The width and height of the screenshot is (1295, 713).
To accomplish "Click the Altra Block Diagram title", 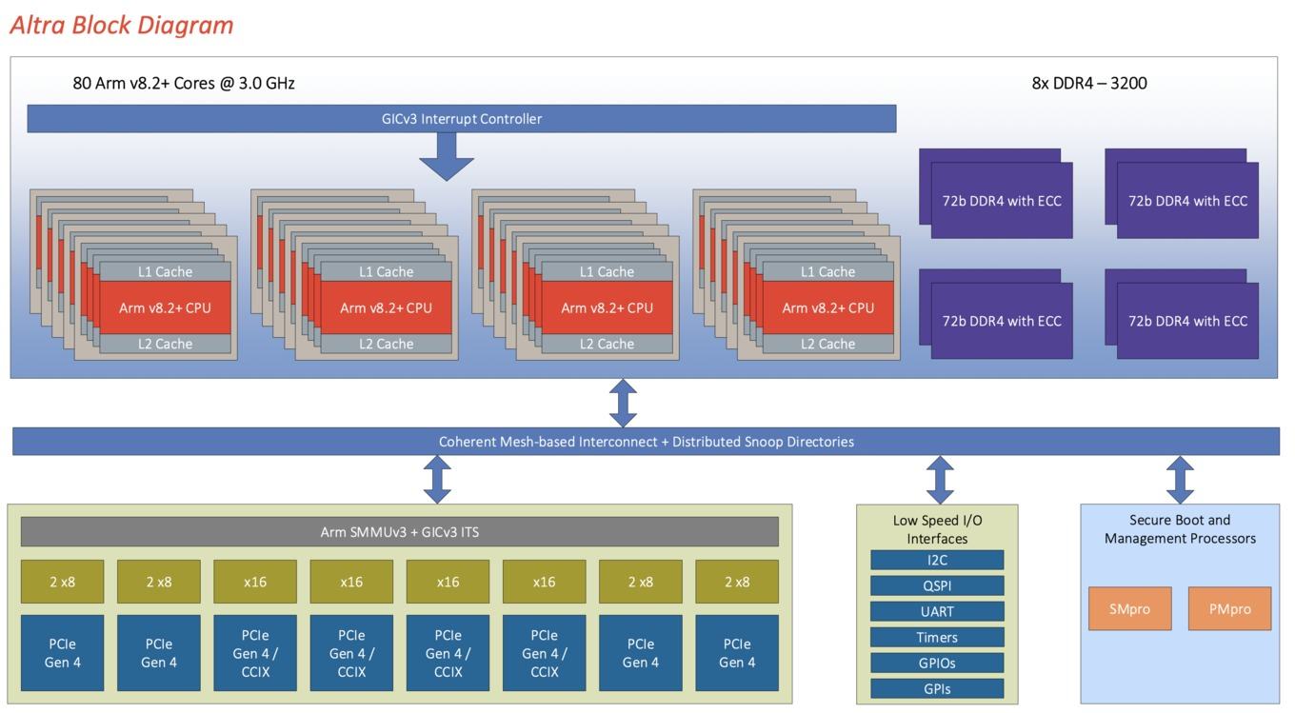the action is [122, 26].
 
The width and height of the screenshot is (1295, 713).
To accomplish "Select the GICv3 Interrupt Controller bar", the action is [461, 118].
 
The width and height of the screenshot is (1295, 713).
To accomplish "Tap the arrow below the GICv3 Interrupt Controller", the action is [447, 156].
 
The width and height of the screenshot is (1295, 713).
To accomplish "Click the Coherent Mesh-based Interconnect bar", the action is [646, 442].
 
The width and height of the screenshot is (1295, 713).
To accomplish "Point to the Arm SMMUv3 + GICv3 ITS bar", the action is [400, 531].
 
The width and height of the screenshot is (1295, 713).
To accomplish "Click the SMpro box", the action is [1129, 608].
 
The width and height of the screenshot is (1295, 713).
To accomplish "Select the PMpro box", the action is [1229, 608].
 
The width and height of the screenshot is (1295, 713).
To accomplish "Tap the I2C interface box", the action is [937, 560].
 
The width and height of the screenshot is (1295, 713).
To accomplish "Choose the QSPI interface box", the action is [937, 585].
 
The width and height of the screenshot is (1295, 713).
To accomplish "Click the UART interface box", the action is [937, 611].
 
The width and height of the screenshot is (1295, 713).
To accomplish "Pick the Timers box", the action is [937, 637].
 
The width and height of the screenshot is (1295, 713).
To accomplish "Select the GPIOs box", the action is [937, 663].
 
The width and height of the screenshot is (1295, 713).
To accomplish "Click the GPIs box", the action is [937, 688].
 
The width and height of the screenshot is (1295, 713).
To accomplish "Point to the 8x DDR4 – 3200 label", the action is [1089, 83].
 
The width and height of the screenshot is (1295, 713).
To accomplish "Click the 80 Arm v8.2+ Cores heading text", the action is [183, 83].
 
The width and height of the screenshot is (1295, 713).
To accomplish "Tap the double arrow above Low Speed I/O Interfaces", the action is [940, 480].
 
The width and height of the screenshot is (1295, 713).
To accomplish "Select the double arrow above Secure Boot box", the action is [1180, 480].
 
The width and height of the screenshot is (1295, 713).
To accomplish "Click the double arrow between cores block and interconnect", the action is [623, 403].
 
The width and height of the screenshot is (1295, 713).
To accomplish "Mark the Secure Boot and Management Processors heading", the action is [1180, 528].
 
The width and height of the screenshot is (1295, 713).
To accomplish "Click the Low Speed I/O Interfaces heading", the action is [937, 529].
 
